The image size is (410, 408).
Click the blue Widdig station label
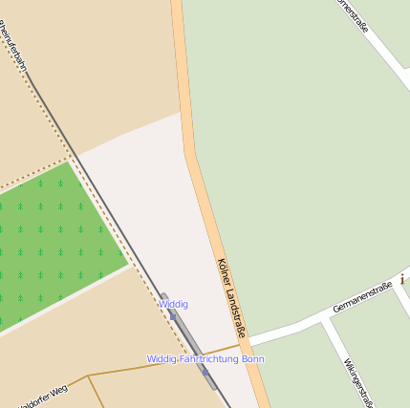pyautogui.click(x=173, y=304)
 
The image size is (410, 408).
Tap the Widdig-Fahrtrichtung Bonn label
pyautogui.click(x=205, y=359)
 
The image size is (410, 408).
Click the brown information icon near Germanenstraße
pyautogui.click(x=403, y=279)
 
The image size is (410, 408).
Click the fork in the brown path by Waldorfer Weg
pyautogui.click(x=89, y=376)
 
